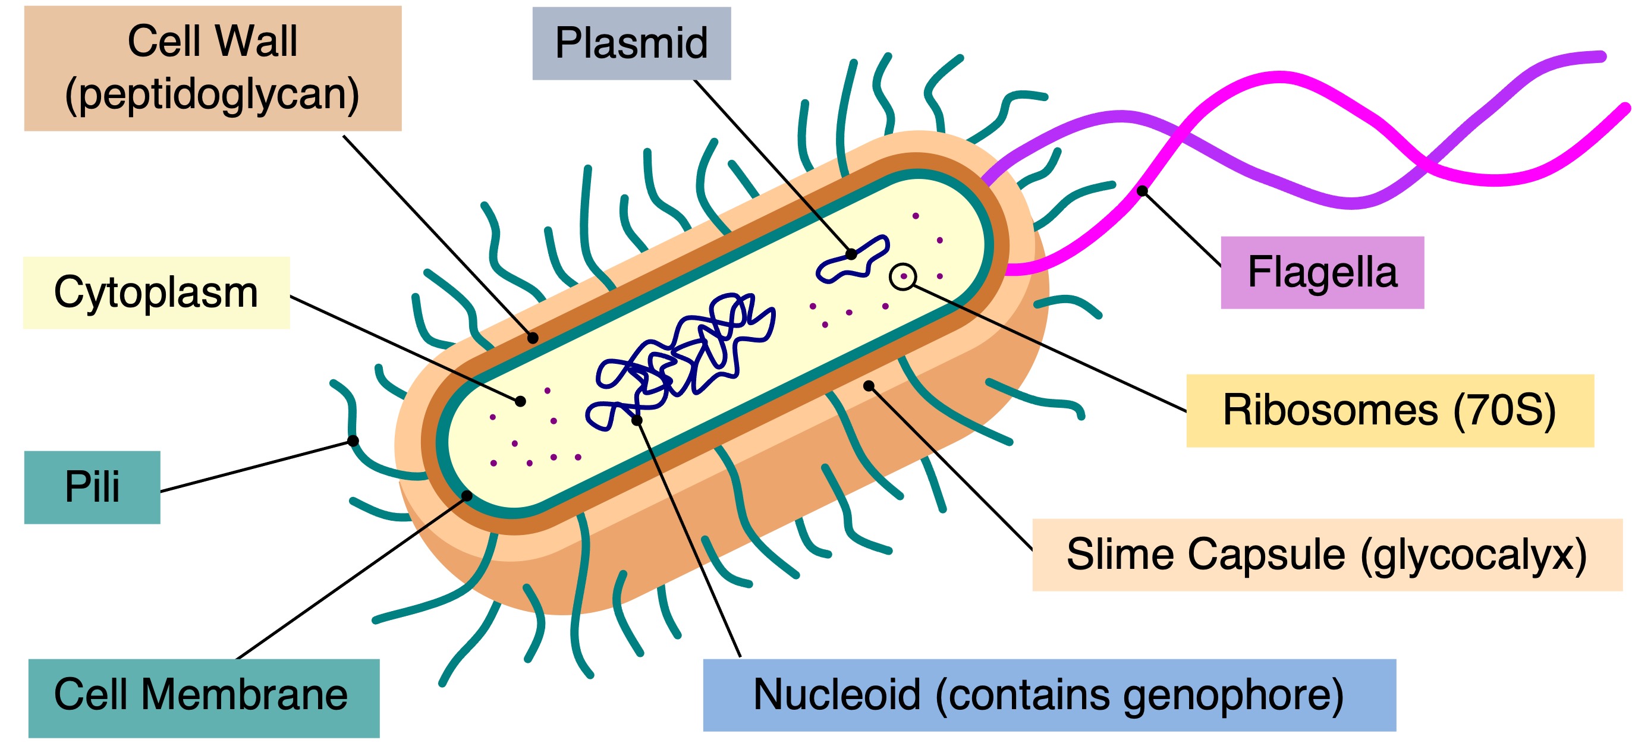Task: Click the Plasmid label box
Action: pyautogui.click(x=631, y=43)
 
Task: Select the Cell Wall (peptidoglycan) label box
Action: pyautogui.click(x=212, y=68)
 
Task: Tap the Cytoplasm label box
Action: pyautogui.click(x=156, y=292)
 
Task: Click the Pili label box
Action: pyautogui.click(x=92, y=487)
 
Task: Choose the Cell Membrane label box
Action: pyautogui.click(x=203, y=698)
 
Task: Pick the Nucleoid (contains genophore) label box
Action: pyautogui.click(x=1049, y=694)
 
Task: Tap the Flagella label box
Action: pyautogui.click(x=1322, y=272)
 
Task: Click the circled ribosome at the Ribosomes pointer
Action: pyautogui.click(x=902, y=277)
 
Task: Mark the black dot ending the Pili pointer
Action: pyautogui.click(x=354, y=441)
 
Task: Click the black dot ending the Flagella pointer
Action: pyautogui.click(x=1142, y=191)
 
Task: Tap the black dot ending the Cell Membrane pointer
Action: pyautogui.click(x=467, y=496)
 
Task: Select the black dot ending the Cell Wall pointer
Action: pyautogui.click(x=533, y=338)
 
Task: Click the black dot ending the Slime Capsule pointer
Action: pyautogui.click(x=869, y=386)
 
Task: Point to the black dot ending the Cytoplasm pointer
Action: pyautogui.click(x=520, y=401)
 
